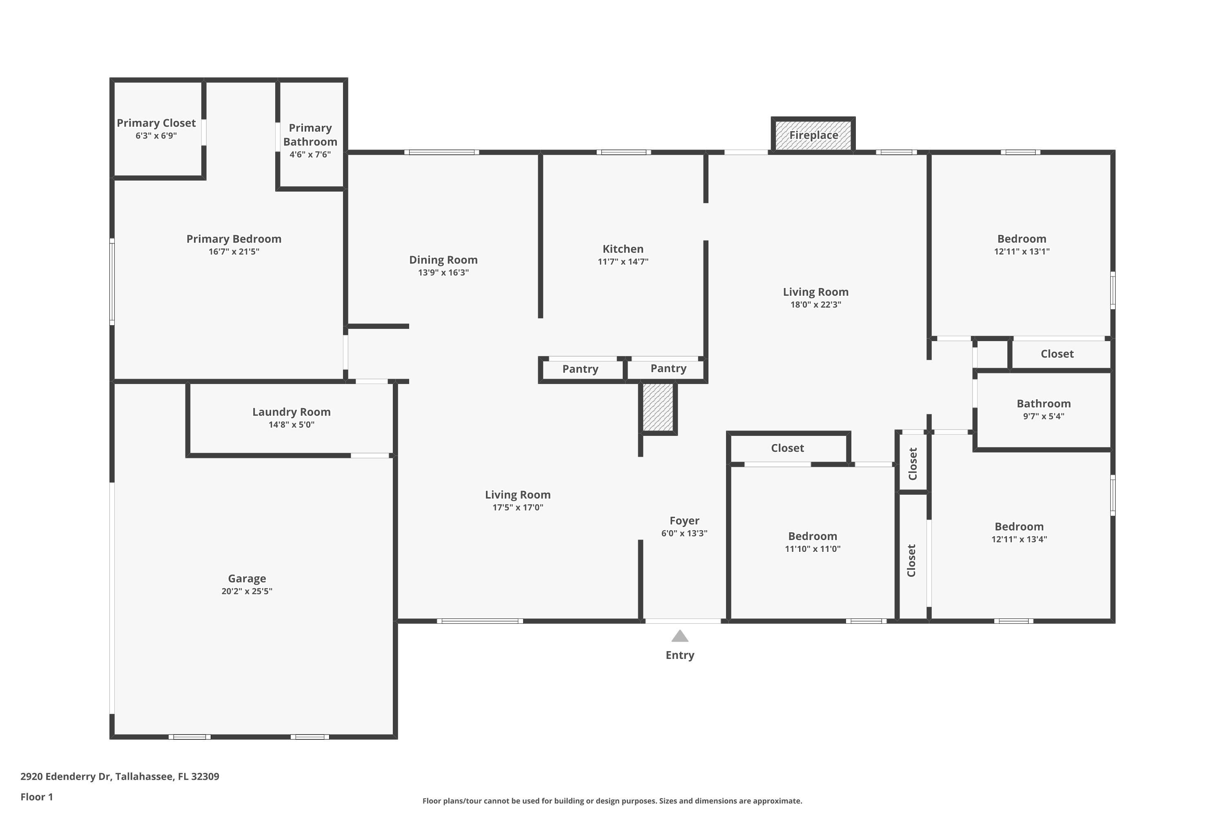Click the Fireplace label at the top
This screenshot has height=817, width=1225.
pyautogui.click(x=813, y=135)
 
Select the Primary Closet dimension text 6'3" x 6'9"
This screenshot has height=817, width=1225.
pyautogui.click(x=156, y=136)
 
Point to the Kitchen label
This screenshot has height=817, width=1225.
pyautogui.click(x=623, y=249)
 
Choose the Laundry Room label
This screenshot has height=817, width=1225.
pyautogui.click(x=292, y=412)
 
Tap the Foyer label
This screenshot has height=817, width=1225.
pyautogui.click(x=684, y=520)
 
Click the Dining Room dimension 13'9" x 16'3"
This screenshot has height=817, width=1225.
pyautogui.click(x=443, y=272)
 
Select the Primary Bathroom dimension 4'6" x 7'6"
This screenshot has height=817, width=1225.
pyautogui.click(x=310, y=155)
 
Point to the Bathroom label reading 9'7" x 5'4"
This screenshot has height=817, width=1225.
pyautogui.click(x=1044, y=416)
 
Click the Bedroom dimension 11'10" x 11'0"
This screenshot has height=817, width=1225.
pyautogui.click(x=813, y=549)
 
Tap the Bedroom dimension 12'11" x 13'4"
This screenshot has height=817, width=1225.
pyautogui.click(x=1019, y=539)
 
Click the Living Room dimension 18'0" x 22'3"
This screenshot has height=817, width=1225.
pyautogui.click(x=815, y=305)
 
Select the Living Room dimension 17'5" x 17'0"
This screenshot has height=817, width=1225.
pyautogui.click(x=518, y=507)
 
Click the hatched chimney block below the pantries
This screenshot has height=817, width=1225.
pyautogui.click(x=658, y=407)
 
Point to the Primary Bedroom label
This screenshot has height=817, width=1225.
pyautogui.click(x=234, y=239)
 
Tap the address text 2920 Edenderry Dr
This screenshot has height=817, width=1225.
pyautogui.click(x=66, y=777)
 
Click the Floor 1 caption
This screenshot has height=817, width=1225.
pyautogui.click(x=36, y=797)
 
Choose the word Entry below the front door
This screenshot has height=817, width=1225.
pyautogui.click(x=680, y=656)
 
